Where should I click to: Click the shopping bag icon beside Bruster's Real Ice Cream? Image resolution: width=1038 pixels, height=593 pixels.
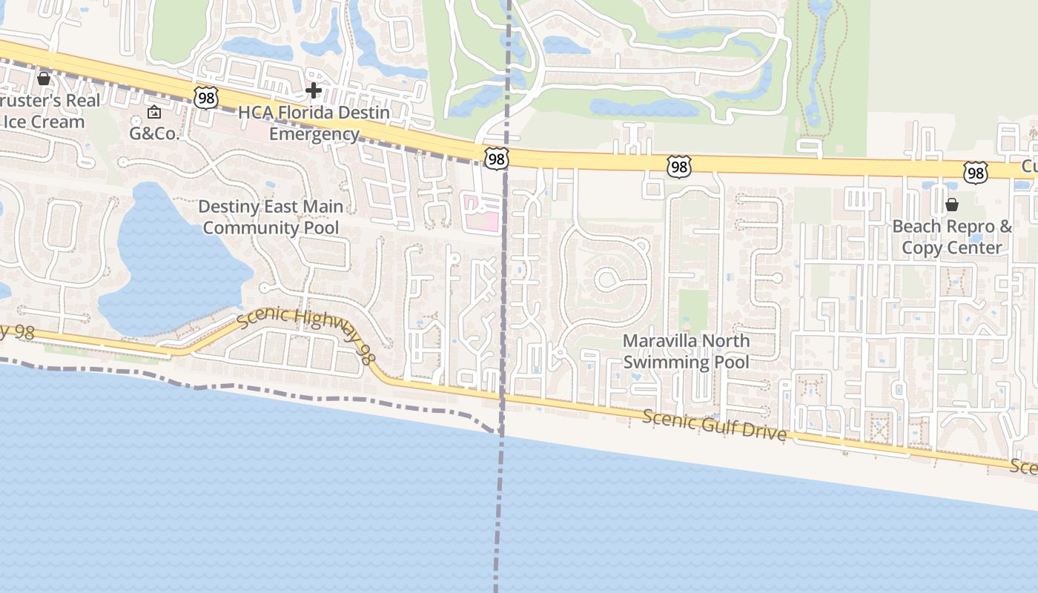44,78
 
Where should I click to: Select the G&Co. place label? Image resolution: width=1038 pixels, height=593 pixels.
154,133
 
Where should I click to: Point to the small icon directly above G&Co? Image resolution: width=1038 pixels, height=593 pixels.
154,113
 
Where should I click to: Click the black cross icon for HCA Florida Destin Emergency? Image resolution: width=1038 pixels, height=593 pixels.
314,91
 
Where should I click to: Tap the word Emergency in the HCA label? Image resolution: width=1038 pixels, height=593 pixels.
314,134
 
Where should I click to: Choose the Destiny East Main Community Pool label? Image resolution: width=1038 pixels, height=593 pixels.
271,217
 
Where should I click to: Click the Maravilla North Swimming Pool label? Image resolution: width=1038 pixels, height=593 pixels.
686,351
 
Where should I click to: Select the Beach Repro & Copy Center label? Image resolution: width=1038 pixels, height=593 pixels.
952,236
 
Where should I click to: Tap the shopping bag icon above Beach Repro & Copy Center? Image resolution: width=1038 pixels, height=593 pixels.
952,205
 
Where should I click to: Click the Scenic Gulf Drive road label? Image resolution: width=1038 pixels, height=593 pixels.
714,425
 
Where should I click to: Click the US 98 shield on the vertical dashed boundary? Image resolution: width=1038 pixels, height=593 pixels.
497,158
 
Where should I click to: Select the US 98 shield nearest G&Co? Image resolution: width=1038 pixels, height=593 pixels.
207,97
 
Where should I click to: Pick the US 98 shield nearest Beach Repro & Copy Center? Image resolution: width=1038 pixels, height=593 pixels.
976,173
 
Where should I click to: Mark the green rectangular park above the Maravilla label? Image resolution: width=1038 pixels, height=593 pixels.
693,310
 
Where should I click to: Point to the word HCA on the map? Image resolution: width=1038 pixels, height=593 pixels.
257,113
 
